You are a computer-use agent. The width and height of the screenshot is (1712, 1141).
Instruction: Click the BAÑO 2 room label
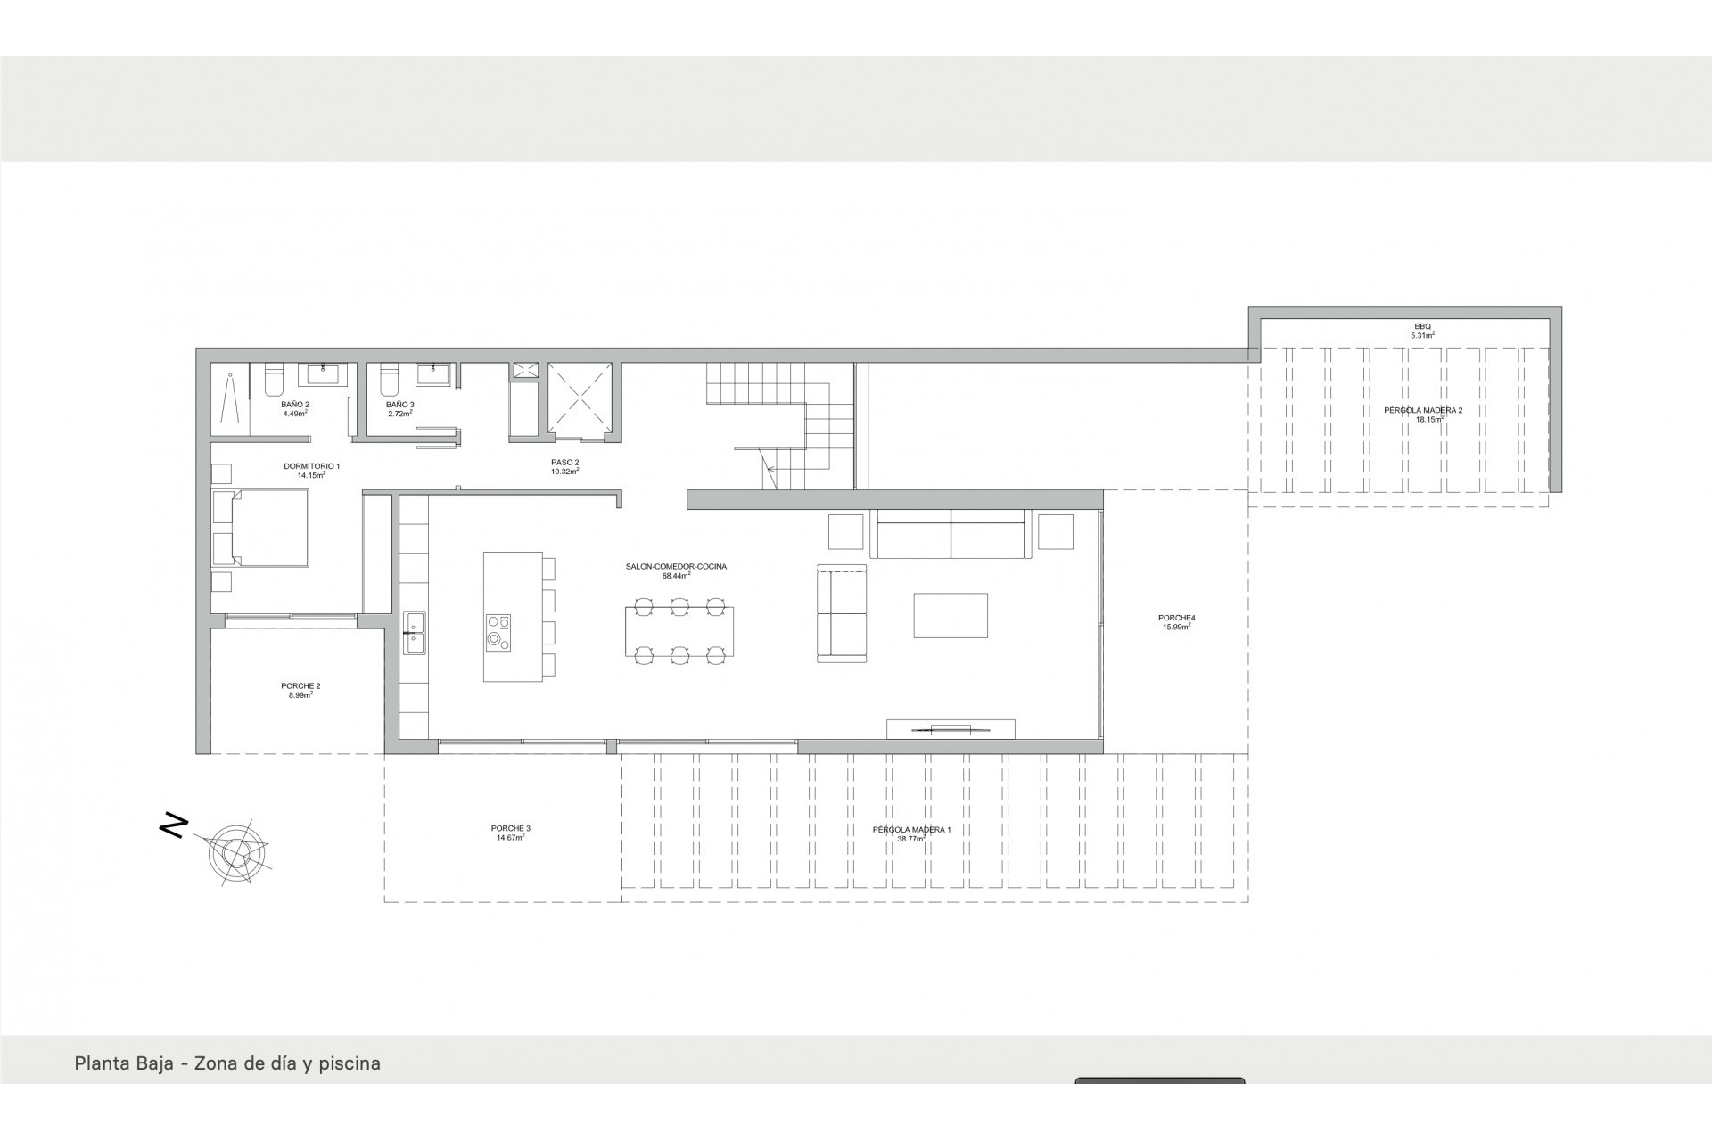point(295,405)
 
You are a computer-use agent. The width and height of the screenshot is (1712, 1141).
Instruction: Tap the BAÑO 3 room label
point(400,405)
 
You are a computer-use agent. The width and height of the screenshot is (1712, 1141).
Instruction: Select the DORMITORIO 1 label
point(311,466)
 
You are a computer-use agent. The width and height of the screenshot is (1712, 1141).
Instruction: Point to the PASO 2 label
point(565,462)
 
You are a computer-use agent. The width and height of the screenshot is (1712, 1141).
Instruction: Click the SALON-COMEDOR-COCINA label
point(677,566)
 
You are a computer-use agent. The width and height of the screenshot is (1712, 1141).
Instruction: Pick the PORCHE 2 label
point(300,686)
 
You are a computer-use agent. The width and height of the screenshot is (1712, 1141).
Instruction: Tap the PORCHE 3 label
point(511,828)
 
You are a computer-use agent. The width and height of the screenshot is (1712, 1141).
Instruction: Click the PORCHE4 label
point(1177,618)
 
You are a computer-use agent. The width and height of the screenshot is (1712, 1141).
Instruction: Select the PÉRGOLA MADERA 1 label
point(912,830)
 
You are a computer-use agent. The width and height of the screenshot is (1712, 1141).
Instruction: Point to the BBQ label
point(1422,327)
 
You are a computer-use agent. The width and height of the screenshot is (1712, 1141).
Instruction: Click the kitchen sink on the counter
point(414,632)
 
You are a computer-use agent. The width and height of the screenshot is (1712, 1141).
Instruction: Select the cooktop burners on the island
point(498,633)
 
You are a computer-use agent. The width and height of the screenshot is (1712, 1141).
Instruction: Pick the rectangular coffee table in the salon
point(951,615)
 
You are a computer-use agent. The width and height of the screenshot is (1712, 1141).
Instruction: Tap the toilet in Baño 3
point(388,381)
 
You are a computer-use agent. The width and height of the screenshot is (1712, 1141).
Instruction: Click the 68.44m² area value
point(677,576)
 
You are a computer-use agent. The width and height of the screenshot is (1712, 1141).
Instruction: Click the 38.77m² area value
point(912,839)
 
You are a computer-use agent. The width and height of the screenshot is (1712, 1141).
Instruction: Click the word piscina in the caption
point(350,1063)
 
